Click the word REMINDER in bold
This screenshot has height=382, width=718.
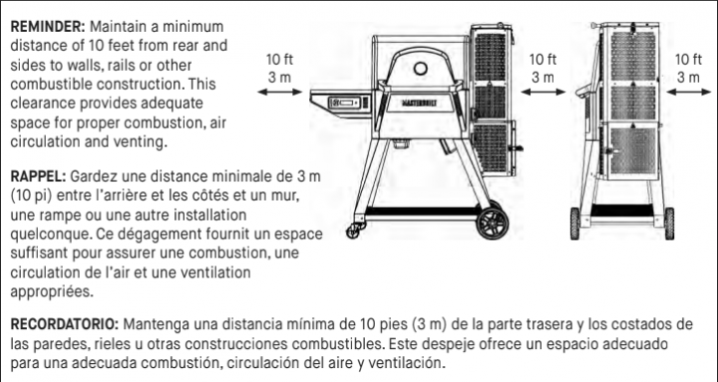click(43, 26)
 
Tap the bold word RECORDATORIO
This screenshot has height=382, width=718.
click(63, 325)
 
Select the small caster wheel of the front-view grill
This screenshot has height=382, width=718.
click(353, 232)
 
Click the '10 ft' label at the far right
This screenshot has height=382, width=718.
click(688, 59)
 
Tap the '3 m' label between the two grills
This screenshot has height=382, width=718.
click(542, 76)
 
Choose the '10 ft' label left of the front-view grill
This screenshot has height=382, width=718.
click(280, 59)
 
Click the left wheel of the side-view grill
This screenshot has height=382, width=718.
click(575, 221)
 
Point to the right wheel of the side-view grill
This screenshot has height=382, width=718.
click(655, 221)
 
